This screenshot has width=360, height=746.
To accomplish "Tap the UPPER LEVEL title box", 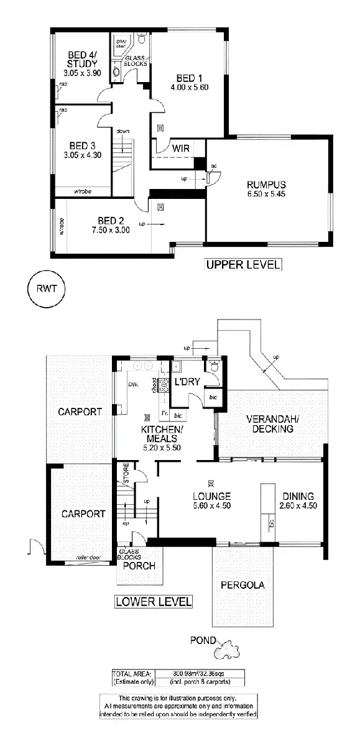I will coord(243,265).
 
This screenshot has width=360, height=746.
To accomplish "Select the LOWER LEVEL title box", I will coord(154,601).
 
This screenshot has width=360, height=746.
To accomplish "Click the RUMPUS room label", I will coord(265,185).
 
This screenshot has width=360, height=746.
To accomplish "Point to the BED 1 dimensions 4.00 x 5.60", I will coord(188,87).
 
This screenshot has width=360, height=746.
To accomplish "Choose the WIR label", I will coord(181,149).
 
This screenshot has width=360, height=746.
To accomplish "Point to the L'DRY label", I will coord(187,381).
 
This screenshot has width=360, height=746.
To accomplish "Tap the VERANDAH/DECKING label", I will coord(269,423).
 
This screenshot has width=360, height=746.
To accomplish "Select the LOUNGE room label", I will coord(212,496).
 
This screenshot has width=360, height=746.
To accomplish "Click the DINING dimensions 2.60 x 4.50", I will coord(299,506).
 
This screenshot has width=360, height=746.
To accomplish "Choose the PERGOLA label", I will coord(242,584).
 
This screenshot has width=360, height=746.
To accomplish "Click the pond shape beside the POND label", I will coord(227,651).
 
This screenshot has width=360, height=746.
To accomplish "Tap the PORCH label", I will coord(138,566).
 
